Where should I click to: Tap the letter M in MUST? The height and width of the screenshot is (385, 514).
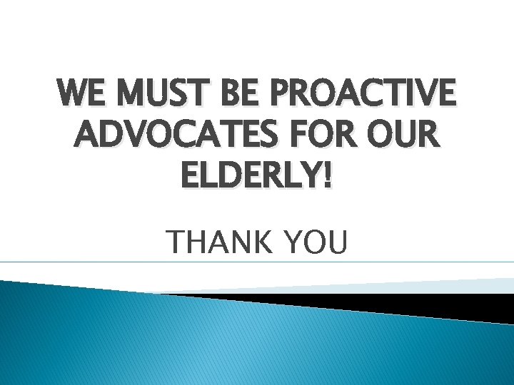[127, 93]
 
